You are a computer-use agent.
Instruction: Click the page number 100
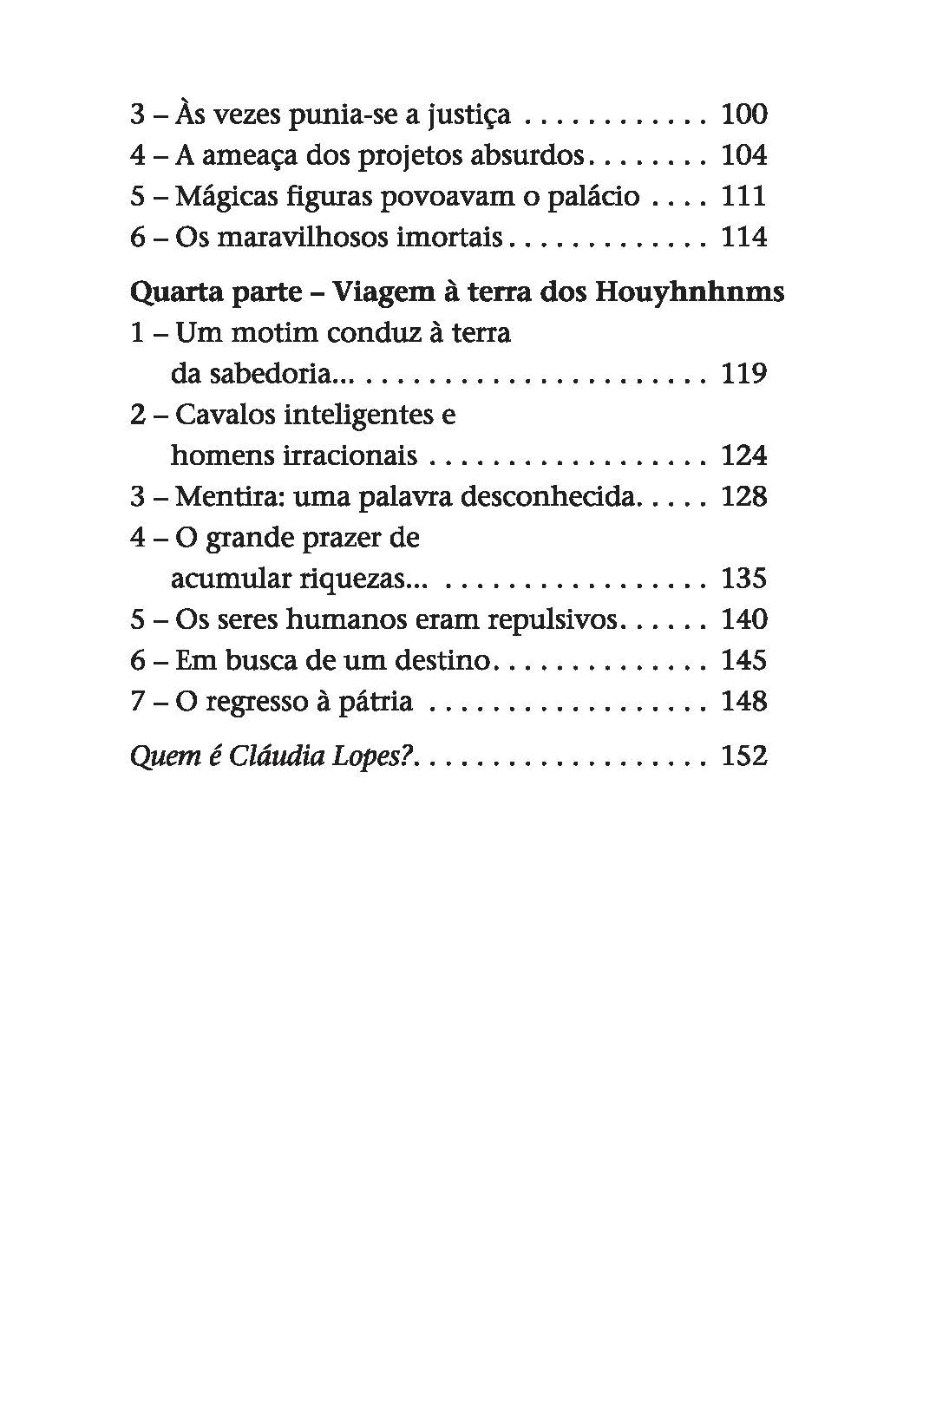[x=744, y=114]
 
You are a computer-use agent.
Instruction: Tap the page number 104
[x=744, y=155]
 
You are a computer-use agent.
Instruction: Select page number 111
[x=744, y=196]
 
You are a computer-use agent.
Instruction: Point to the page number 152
[x=744, y=756]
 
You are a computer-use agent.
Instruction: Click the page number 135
[x=744, y=579]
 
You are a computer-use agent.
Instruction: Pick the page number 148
[x=744, y=701]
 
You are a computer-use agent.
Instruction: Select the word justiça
[x=468, y=115]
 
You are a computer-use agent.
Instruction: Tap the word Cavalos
[x=226, y=415]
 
